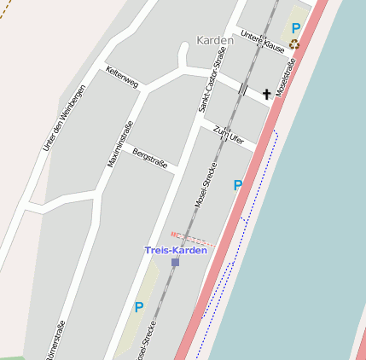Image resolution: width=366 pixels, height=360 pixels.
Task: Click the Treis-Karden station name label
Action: pyautogui.click(x=175, y=250)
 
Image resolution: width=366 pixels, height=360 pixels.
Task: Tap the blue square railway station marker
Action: pyautogui.click(x=175, y=262)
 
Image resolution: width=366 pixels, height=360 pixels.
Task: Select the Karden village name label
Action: pyautogui.click(x=214, y=40)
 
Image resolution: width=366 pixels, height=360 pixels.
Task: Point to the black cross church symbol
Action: pyautogui.click(x=266, y=94)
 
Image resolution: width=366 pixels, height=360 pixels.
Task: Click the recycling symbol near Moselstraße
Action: pyautogui.click(x=294, y=44)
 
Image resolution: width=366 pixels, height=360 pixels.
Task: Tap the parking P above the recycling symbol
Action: pyautogui.click(x=295, y=28)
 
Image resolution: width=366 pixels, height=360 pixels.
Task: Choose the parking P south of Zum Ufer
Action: pyautogui.click(x=237, y=184)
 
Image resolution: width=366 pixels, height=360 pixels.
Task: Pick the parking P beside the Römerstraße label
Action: pyautogui.click(x=138, y=306)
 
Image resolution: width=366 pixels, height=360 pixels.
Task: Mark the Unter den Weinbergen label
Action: pyautogui.click(x=64, y=119)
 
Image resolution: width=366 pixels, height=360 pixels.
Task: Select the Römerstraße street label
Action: pyautogui.click(x=58, y=339)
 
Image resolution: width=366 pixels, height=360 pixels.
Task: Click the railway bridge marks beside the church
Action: pyautogui.click(x=243, y=89)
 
